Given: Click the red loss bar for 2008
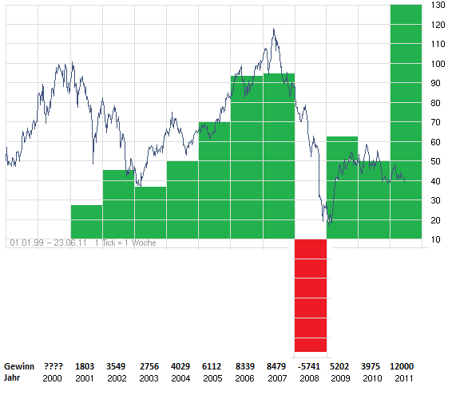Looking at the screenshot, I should click(x=310, y=295).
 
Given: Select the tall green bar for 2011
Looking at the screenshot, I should click(x=406, y=120).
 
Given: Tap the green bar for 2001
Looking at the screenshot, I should click(x=86, y=221).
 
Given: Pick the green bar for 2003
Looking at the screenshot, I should click(x=150, y=212).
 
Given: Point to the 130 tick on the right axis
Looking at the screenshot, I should click(x=437, y=5).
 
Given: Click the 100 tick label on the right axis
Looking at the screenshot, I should click(x=437, y=63).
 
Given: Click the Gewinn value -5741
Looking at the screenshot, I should click(x=309, y=365).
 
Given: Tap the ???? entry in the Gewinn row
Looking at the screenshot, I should click(x=54, y=365).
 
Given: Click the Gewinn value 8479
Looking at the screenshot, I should click(x=277, y=365).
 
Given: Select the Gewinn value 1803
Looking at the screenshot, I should click(x=85, y=365).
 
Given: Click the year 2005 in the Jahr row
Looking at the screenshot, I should click(x=213, y=377).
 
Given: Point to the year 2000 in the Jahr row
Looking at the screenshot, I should click(x=54, y=377).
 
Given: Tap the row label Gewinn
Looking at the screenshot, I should click(x=19, y=365).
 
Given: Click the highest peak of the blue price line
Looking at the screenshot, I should click(x=274, y=30).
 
